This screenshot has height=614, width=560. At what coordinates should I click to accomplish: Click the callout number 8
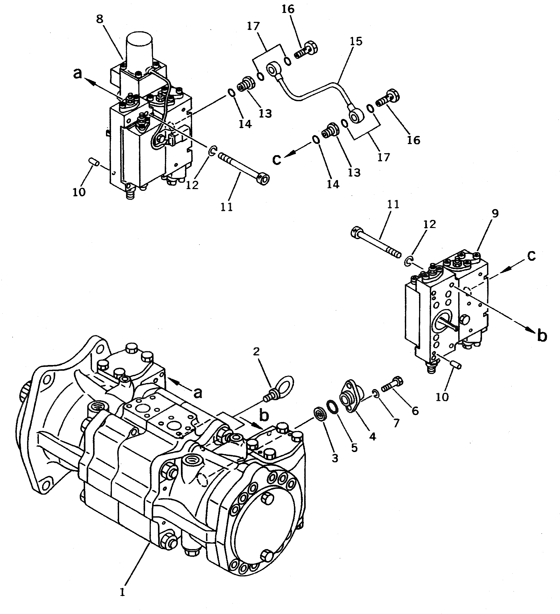(100, 19)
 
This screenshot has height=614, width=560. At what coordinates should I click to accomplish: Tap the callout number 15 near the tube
(357, 41)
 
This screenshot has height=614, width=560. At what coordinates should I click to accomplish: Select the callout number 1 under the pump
(122, 592)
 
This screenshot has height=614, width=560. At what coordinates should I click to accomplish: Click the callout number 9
(495, 214)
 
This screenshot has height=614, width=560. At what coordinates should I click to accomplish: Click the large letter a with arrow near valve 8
(78, 73)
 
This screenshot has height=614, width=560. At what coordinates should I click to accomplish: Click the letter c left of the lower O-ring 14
(276, 159)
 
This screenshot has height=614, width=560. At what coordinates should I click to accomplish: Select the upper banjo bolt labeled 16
(306, 51)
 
